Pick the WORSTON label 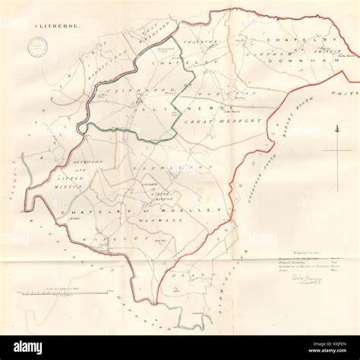click(221, 92)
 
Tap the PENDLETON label click(180, 166)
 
